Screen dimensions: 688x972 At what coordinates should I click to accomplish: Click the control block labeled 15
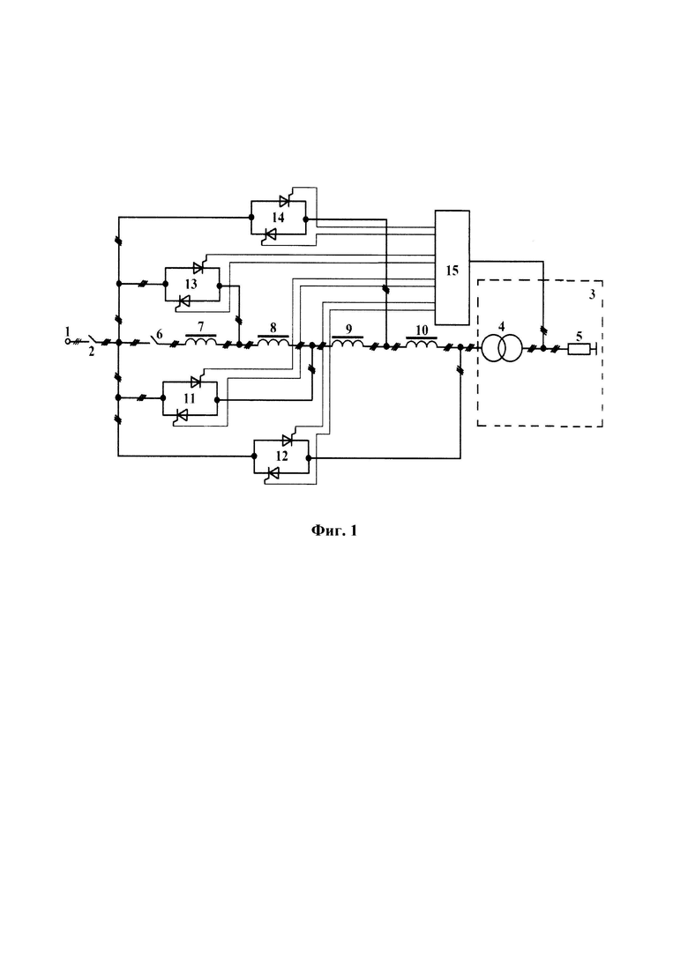tap(452, 267)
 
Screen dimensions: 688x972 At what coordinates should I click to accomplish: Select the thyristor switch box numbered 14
tap(278, 218)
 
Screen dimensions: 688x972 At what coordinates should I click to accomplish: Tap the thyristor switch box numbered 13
tap(192, 285)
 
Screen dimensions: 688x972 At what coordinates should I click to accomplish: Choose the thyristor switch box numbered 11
tap(190, 398)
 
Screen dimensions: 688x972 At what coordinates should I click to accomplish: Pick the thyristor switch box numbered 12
tap(281, 456)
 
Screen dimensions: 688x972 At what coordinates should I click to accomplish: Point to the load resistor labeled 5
tap(579, 349)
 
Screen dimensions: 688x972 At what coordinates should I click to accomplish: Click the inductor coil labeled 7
tap(201, 342)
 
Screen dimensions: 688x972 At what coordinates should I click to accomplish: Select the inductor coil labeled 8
tap(273, 342)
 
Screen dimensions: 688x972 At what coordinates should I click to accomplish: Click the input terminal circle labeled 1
tap(68, 342)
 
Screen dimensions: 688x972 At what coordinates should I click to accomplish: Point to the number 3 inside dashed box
tap(592, 294)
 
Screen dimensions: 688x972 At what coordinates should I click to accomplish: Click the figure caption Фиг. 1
tap(333, 531)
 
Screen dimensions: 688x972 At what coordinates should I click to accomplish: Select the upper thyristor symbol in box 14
tap(285, 201)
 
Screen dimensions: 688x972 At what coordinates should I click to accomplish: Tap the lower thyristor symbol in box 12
tap(272, 474)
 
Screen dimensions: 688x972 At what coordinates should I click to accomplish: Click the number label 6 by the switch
tap(160, 334)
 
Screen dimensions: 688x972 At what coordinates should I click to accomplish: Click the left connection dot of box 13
tap(166, 284)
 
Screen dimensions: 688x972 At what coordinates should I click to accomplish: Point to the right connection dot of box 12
tap(309, 457)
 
